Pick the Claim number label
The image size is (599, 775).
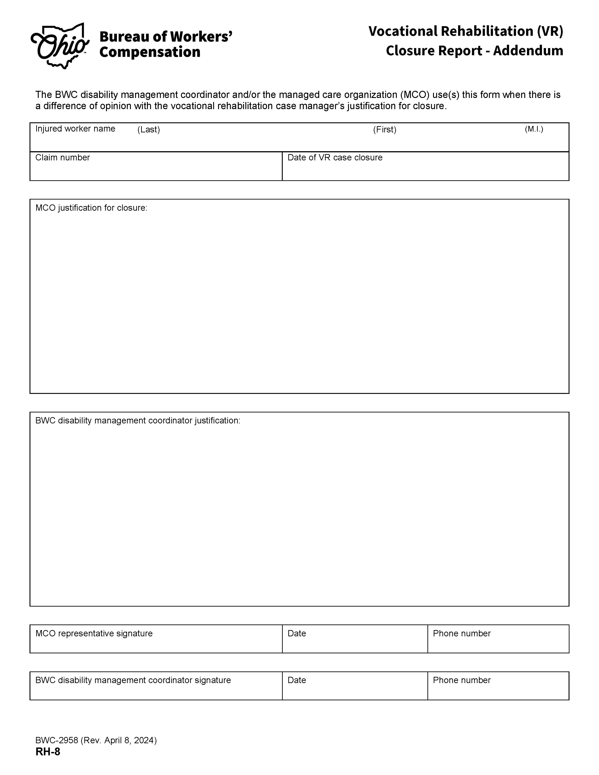(x=62, y=157)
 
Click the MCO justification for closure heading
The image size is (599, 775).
(x=91, y=208)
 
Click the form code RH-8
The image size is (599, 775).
(x=48, y=752)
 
